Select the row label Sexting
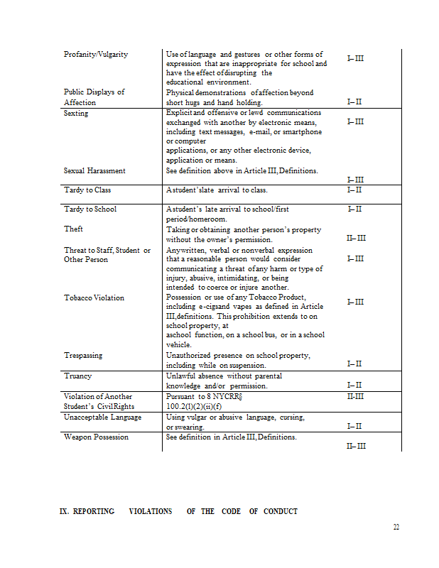click(76, 114)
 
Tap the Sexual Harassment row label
click(94, 171)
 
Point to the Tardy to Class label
click(87, 190)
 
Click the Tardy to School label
click(90, 209)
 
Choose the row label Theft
click(73, 229)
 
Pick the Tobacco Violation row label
click(94, 298)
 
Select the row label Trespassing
click(83, 356)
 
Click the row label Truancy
click(77, 376)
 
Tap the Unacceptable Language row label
click(102, 417)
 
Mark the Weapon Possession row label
click(96, 437)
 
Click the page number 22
click(396, 527)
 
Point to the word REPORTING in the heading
click(94, 511)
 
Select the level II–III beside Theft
click(356, 239)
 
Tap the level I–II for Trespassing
click(354, 364)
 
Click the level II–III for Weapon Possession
click(356, 446)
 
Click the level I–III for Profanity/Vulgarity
click(355, 58)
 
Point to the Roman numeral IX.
click(63, 511)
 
